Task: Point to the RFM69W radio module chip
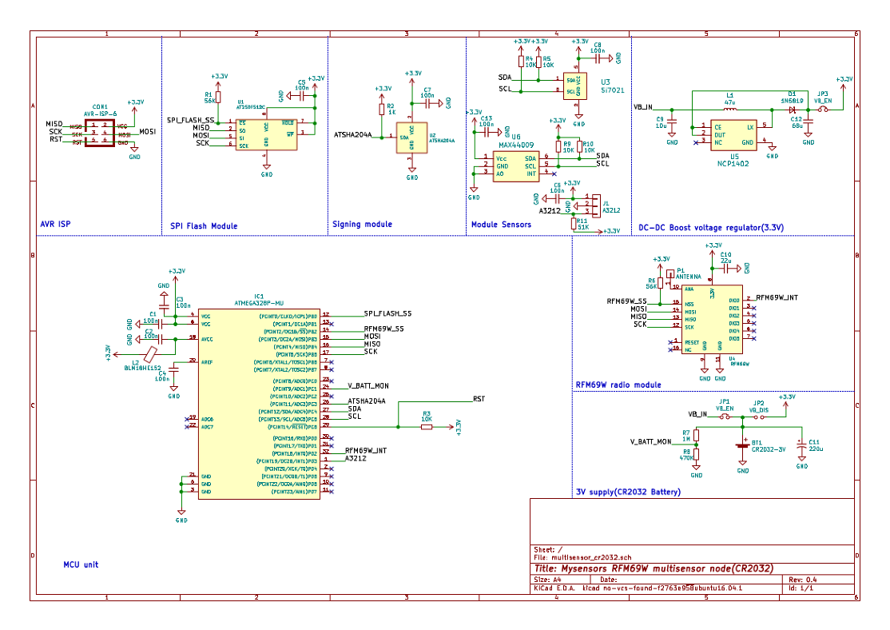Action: click(x=711, y=320)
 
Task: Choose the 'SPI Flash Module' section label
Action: click(x=204, y=226)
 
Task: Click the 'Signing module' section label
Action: click(x=362, y=225)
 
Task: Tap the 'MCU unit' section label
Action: click(x=81, y=564)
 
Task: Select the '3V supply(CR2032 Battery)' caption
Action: click(x=628, y=492)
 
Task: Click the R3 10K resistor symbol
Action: click(x=427, y=427)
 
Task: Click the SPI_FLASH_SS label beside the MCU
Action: click(x=387, y=314)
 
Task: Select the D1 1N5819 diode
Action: click(x=792, y=109)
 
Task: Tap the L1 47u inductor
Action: click(x=729, y=109)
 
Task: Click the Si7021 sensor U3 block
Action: click(x=576, y=86)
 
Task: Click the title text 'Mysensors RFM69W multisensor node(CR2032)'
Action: click(x=654, y=568)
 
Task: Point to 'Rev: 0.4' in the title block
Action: click(x=801, y=579)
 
